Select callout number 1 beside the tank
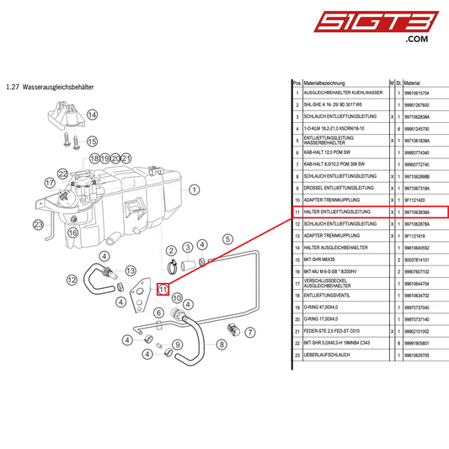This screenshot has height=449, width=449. pyautogui.click(x=195, y=190)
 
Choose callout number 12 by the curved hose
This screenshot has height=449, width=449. pyautogui.click(x=72, y=280)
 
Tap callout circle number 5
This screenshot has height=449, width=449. pyautogui.click(x=228, y=240)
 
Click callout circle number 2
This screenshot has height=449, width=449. pyautogui.click(x=170, y=251)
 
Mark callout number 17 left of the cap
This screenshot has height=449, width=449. pyautogui.click(x=51, y=181)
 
